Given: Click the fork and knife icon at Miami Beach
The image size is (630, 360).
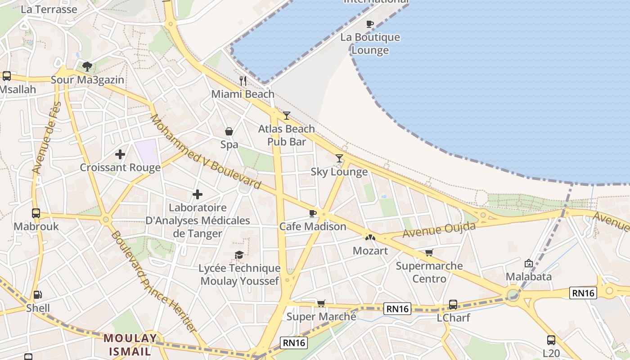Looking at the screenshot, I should click(x=243, y=81).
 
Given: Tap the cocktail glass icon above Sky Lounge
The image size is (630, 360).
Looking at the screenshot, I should click(x=339, y=158).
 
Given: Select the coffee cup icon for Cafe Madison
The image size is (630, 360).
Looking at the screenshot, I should click(x=313, y=213).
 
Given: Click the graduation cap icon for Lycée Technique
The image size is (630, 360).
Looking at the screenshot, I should click(x=239, y=255).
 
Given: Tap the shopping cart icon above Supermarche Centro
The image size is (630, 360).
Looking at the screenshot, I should click(x=429, y=252).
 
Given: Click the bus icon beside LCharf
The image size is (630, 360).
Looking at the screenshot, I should click(x=453, y=305).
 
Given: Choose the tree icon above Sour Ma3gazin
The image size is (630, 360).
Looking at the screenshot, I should click(x=87, y=67).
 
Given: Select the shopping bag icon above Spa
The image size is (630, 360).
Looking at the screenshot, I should click(x=229, y=131).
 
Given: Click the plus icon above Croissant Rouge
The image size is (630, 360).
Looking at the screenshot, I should click(x=120, y=154).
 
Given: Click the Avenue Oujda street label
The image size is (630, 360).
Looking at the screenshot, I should click(x=439, y=230).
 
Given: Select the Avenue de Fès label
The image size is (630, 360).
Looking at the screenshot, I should click(x=46, y=138).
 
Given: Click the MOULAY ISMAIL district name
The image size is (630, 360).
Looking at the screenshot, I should click(x=130, y=344).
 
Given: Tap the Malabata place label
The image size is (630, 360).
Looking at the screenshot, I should click(x=529, y=276).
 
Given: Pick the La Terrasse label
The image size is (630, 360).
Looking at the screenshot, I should click(x=49, y=9).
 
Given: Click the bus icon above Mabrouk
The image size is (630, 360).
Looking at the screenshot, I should click(x=36, y=213).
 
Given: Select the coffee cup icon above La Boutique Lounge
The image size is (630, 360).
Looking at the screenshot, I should click(x=370, y=24).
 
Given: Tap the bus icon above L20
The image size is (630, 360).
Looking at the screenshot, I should click(x=551, y=340).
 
